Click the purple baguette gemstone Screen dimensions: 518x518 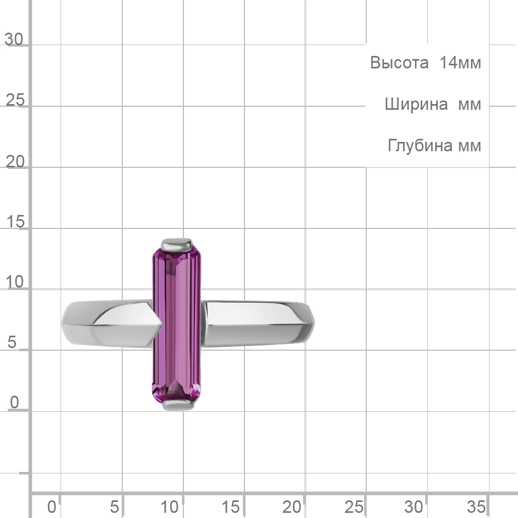[x=177, y=325]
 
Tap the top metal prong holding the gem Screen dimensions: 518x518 [x=177, y=244]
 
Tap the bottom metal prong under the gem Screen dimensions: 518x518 [x=178, y=405]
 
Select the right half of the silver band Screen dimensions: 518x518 [x=257, y=324]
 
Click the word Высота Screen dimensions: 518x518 [x=399, y=63]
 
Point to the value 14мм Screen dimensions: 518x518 [x=460, y=63]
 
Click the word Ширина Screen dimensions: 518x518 [x=416, y=104]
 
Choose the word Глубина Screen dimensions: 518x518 [x=420, y=146]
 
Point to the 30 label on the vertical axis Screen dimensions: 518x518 [x=14, y=39]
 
